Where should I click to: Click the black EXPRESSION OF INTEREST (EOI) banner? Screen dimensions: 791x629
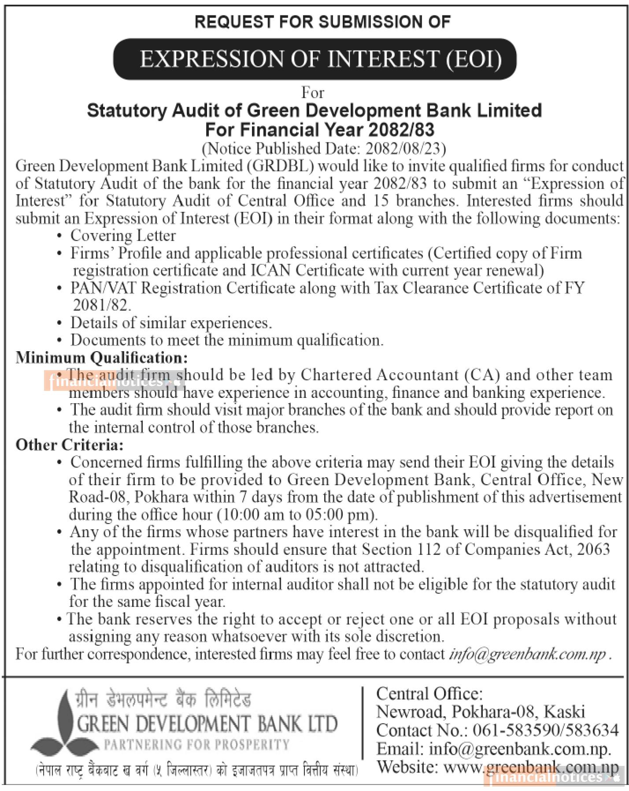tap(314, 59)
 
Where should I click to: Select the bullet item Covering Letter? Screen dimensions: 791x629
tap(123, 236)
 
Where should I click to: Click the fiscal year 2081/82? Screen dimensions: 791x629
tap(101, 305)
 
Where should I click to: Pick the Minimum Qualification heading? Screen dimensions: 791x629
tap(102, 357)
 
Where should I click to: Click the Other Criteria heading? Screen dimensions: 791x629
tap(70, 445)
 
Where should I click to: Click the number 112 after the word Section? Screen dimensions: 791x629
tap(427, 550)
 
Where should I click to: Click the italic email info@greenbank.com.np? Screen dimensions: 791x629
tap(527, 654)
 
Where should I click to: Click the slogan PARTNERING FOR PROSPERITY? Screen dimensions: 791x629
tap(196, 744)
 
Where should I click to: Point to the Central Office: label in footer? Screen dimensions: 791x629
tap(429, 694)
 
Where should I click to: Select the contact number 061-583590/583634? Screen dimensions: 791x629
tap(545, 730)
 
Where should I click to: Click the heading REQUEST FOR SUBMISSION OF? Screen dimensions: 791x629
tap(322, 22)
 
